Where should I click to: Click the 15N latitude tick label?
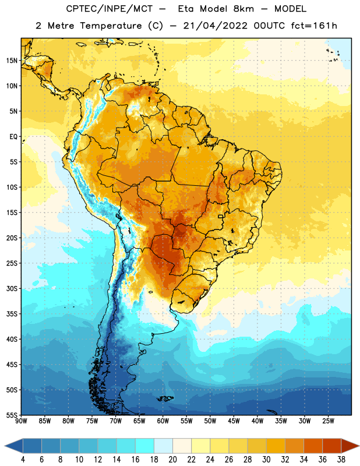click(12, 61)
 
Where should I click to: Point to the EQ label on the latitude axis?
click(13, 137)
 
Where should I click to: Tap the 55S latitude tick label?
click(12, 415)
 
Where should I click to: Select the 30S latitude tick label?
click(12, 288)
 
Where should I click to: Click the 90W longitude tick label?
click(21, 421)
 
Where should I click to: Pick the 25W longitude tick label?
click(328, 421)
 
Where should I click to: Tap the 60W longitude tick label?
click(163, 421)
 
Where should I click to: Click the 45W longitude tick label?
click(234, 421)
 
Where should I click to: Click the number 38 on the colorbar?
click(341, 460)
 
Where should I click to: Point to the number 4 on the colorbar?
click(23, 460)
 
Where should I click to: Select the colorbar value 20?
click(172, 460)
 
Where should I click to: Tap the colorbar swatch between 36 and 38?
click(332, 446)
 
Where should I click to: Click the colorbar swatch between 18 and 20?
click(164, 446)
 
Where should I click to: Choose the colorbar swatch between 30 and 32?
click(276, 446)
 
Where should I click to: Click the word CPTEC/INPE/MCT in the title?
click(110, 9)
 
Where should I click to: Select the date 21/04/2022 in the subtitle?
click(215, 26)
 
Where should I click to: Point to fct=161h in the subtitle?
click(314, 26)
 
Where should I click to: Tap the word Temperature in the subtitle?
click(111, 26)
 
